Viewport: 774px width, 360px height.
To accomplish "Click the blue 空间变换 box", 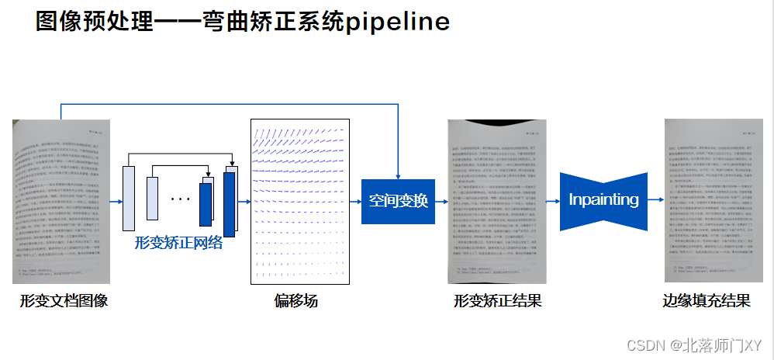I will tap(398, 201).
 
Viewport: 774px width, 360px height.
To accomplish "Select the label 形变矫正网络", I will tap(178, 243).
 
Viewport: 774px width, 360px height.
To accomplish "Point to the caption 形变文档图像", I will tap(64, 301).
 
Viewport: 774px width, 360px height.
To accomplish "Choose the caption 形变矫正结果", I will tap(497, 301).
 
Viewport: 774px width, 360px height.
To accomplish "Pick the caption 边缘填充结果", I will tap(706, 301).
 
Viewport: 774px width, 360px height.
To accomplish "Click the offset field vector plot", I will tap(300, 202).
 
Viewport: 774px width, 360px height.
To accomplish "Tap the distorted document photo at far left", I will tap(61, 201).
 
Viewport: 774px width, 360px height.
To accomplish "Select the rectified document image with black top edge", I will tap(496, 201).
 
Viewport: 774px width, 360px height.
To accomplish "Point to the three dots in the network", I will tap(180, 199).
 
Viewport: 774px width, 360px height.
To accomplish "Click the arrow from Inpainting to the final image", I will tap(656, 202).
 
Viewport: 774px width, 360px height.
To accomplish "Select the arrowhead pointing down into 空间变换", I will tap(398, 174).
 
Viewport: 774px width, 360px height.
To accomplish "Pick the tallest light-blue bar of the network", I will tap(129, 198).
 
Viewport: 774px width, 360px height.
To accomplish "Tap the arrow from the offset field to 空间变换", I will tap(356, 202).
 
